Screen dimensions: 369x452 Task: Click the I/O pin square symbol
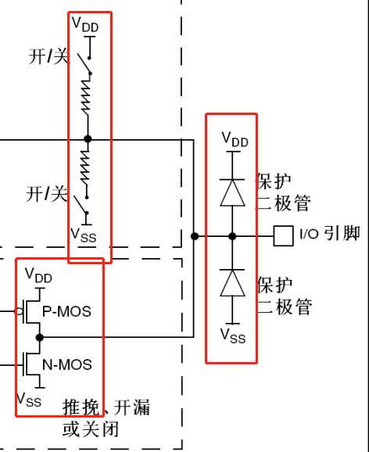point(283,236)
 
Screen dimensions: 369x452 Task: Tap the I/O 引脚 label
point(330,233)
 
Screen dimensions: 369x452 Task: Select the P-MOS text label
point(67,311)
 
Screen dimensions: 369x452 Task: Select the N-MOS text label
point(67,364)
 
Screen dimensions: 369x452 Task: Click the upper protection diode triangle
point(232,192)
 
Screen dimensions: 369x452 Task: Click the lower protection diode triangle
point(232,283)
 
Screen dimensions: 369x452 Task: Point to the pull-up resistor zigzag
point(86,96)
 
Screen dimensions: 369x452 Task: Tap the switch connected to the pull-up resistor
point(84,64)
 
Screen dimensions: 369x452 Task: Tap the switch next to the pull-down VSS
point(81,205)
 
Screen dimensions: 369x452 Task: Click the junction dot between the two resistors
point(88,139)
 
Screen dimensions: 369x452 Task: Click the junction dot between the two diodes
point(232,236)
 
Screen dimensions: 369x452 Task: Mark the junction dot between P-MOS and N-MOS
point(40,337)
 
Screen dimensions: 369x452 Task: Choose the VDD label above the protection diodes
point(235,139)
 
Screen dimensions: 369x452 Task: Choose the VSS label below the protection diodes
point(233,335)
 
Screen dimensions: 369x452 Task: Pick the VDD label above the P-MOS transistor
point(38,275)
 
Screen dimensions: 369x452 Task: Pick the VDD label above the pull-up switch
point(85,24)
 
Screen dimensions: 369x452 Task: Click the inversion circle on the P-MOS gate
point(19,311)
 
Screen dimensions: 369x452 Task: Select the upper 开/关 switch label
point(49,56)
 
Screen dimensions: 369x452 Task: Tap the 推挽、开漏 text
point(106,407)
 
